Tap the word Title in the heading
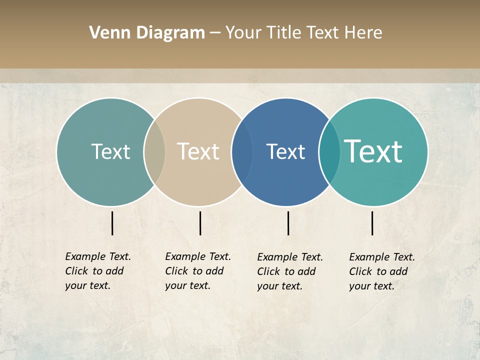284,32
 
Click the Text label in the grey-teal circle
110,151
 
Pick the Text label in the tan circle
198,151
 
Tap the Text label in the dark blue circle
285,151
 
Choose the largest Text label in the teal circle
373,151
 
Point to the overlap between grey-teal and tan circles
154,152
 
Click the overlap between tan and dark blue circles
242,152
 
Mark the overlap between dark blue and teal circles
329,152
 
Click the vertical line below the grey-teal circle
112,223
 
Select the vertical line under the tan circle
200,223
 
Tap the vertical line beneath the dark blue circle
288,223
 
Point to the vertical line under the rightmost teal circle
372,223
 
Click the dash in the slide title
215,33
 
